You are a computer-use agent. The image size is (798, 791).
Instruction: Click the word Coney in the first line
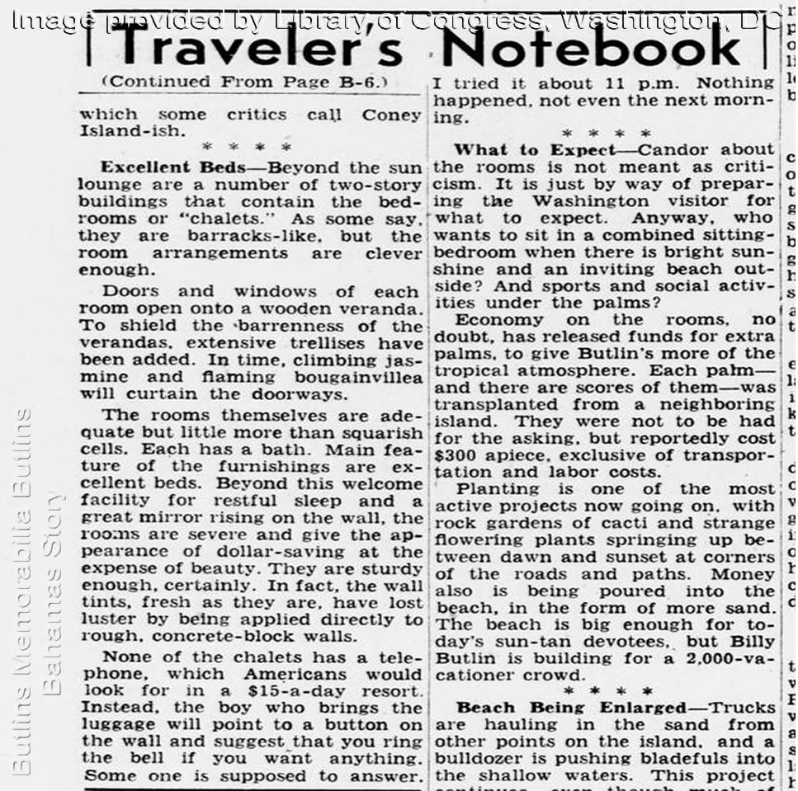tap(391, 115)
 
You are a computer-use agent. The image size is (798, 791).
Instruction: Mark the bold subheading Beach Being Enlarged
tap(571, 708)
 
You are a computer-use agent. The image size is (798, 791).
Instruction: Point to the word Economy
tap(496, 320)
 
